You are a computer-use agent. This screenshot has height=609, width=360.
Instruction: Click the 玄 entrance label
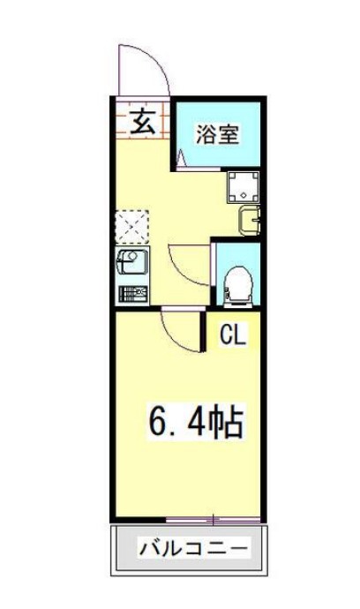point(144,121)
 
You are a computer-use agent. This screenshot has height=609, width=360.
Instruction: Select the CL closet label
point(234,335)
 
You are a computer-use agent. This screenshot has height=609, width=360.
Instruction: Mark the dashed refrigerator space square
point(131,226)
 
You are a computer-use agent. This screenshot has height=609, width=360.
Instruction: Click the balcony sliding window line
point(212,518)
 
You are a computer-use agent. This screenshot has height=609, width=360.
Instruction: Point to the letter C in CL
point(226,335)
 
